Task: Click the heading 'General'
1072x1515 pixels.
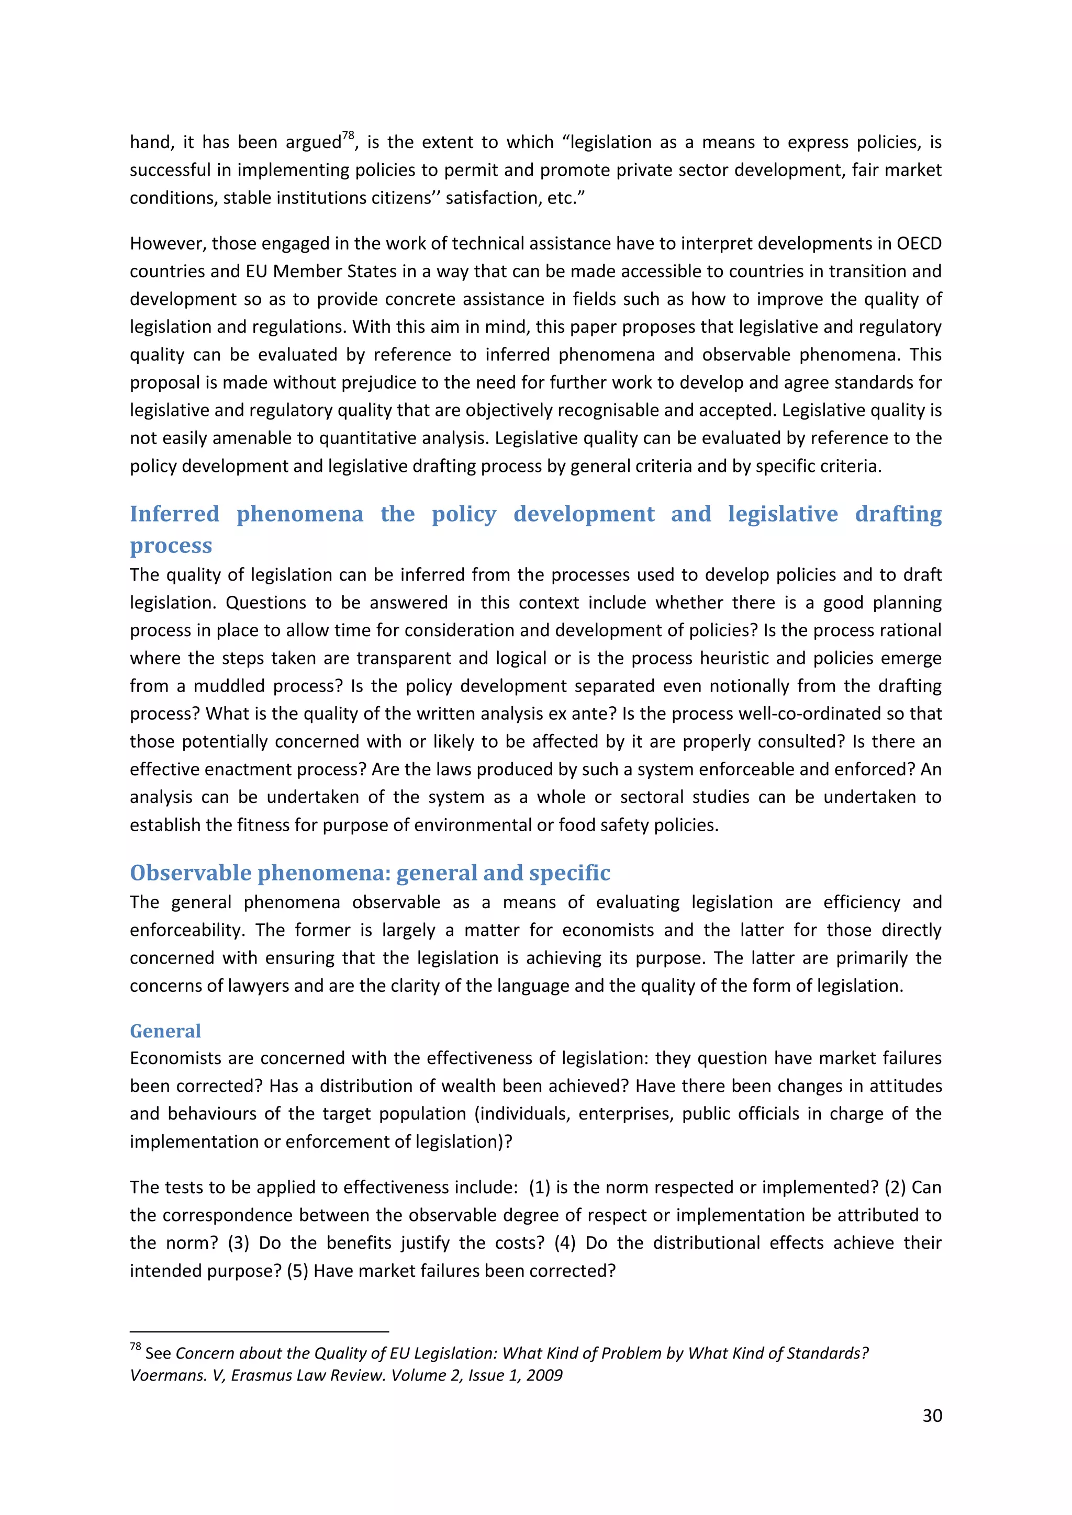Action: pos(165,1031)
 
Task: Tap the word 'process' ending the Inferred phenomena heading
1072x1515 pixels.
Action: pos(171,546)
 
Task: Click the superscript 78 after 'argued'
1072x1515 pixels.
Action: pos(349,136)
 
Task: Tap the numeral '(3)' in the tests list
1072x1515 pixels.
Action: pos(238,1242)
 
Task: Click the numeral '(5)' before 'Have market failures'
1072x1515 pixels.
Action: pos(297,1270)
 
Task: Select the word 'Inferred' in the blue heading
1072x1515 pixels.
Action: pos(174,514)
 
